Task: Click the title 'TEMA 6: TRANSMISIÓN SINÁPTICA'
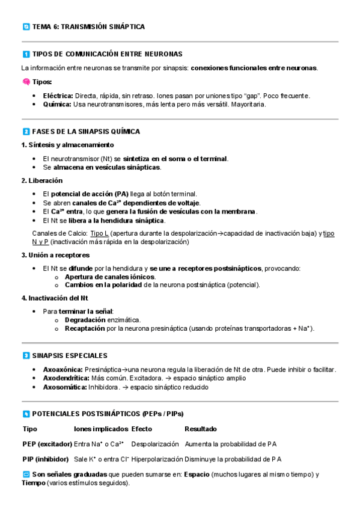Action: point(88,27)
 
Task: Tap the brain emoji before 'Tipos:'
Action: point(26,82)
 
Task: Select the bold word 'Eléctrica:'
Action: point(58,96)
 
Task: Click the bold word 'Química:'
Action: point(57,104)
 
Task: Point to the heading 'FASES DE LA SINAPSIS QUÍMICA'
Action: point(86,131)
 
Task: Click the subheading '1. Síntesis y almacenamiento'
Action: point(67,145)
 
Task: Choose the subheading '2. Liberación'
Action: point(42,180)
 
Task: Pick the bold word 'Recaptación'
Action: point(85,329)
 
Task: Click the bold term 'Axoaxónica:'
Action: point(63,369)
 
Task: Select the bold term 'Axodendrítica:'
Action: point(66,378)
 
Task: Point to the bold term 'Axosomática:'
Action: point(64,387)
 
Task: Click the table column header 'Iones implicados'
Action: point(101,429)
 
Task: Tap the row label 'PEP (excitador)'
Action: point(47,444)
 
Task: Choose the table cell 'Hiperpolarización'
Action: point(156,459)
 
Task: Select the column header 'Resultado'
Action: point(201,429)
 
